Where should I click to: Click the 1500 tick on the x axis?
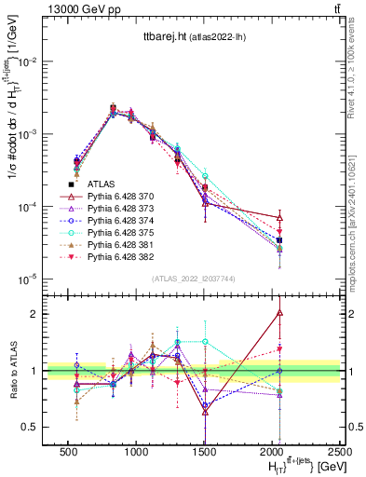[x=205, y=450]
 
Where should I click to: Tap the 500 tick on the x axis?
[x=68, y=450]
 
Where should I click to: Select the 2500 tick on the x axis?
[x=341, y=450]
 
